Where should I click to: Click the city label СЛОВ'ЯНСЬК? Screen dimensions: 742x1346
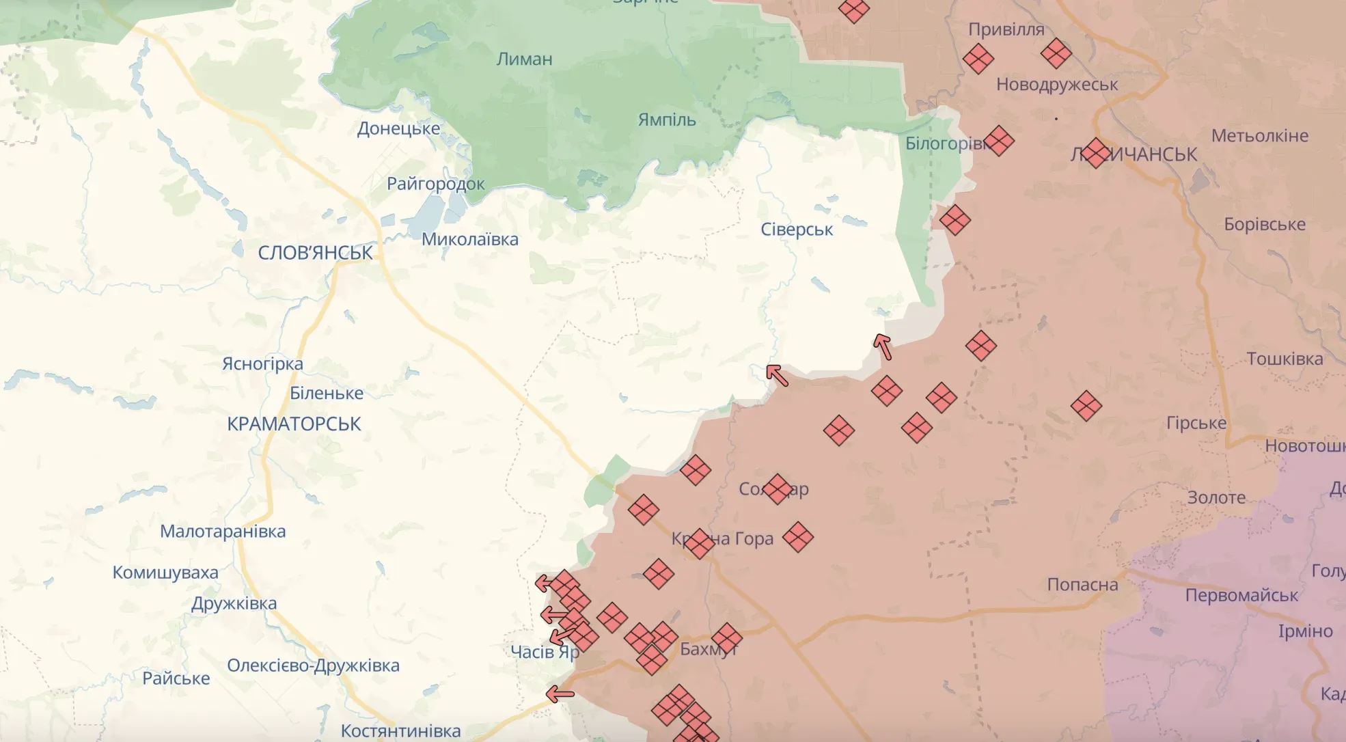tap(315, 253)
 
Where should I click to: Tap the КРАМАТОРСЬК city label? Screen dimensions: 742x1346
tap(294, 424)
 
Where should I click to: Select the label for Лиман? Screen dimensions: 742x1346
tap(524, 59)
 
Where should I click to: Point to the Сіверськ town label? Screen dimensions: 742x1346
tap(797, 230)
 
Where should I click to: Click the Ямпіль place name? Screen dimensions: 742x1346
tap(667, 120)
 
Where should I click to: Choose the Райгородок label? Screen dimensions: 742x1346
tap(435, 184)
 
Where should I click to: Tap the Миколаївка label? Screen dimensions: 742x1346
tap(469, 239)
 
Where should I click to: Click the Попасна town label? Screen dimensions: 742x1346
tap(1082, 585)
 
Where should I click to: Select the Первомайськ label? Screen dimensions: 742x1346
tap(1241, 595)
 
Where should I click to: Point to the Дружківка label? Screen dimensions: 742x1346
tap(234, 603)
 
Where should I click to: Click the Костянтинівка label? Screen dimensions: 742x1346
tap(400, 730)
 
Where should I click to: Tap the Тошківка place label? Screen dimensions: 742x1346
tap(1285, 359)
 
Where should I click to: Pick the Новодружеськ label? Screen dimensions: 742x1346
tap(1057, 85)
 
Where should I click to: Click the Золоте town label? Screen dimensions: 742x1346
tap(1216, 497)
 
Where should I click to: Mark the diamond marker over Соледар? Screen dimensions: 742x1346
tap(777, 489)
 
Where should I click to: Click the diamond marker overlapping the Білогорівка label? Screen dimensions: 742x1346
tap(998, 141)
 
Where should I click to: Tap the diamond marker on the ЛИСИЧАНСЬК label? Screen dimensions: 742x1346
tap(1096, 153)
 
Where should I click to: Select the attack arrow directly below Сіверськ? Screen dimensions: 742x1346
tap(777, 375)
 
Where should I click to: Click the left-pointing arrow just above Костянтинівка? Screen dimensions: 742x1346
tap(560, 695)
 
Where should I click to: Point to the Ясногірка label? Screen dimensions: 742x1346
tap(262, 363)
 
